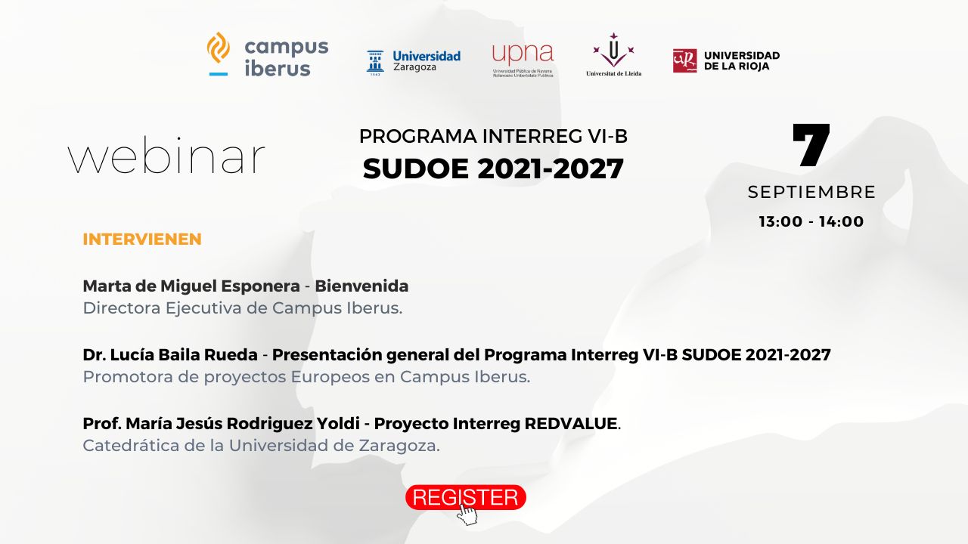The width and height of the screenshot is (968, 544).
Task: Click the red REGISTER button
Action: [x=465, y=497]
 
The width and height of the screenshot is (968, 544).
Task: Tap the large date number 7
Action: [x=811, y=146]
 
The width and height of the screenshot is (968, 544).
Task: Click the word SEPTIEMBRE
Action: [x=811, y=192]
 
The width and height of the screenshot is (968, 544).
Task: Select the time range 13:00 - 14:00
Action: [x=811, y=221]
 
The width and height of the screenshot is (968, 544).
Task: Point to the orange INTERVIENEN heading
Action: [x=142, y=240]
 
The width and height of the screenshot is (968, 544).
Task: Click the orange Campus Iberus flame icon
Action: [x=219, y=48]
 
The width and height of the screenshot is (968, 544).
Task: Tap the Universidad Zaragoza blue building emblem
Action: [x=374, y=63]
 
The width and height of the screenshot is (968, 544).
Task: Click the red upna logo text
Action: [x=523, y=54]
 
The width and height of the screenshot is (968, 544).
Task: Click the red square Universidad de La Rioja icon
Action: [x=684, y=61]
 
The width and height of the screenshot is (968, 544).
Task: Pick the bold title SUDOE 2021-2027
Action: [x=493, y=168]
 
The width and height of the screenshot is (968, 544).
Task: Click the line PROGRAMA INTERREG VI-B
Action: [x=493, y=136]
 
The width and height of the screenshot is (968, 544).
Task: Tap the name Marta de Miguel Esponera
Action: [x=191, y=286]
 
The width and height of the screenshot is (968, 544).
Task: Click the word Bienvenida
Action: [x=361, y=286]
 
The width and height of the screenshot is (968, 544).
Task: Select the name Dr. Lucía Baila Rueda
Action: [x=170, y=354]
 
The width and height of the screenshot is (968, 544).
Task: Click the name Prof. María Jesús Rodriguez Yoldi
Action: [x=221, y=424]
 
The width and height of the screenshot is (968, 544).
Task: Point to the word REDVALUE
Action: [x=570, y=424]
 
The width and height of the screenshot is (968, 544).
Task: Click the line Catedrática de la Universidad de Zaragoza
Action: [x=261, y=446]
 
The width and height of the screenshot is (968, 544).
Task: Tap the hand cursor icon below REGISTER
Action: [x=467, y=515]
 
